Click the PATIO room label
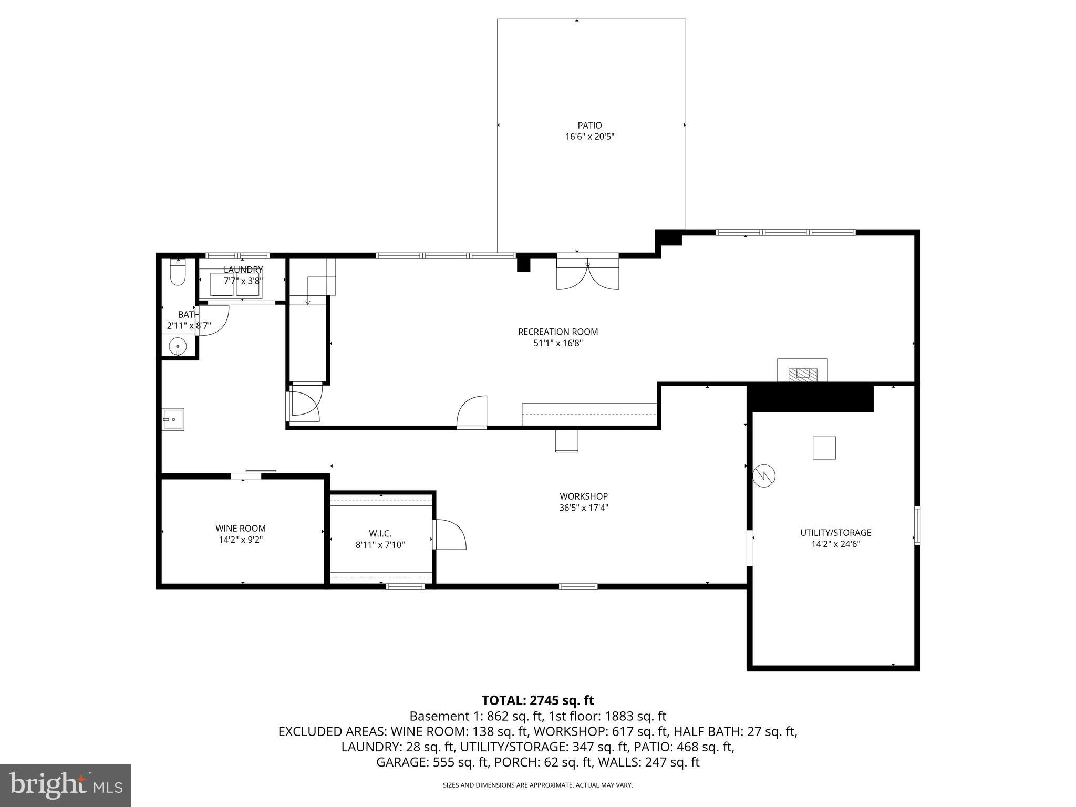point(589,126)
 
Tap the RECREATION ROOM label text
point(558,332)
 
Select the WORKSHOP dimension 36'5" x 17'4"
point(584,508)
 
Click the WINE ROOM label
point(241,529)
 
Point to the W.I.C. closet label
point(380,534)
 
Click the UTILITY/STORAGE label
point(835,533)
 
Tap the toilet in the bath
point(178,274)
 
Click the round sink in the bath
point(179,346)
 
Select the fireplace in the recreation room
point(803,371)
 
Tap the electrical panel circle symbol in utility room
point(764,476)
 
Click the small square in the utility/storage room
point(824,448)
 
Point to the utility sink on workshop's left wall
point(173,419)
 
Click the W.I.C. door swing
point(450,535)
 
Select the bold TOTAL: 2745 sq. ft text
point(537,700)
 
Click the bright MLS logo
point(66,785)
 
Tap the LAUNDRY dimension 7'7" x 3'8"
point(242,281)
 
